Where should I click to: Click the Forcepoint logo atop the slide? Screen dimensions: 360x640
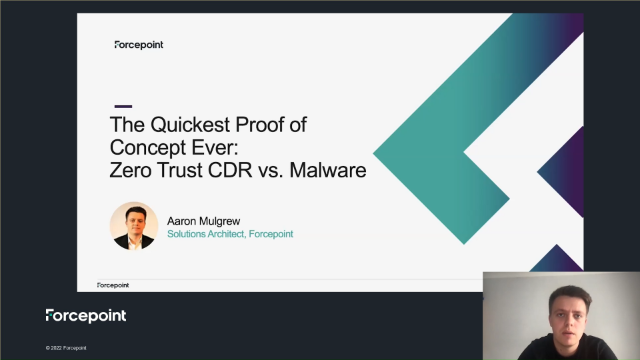point(139,45)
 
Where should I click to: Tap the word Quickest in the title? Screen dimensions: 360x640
point(190,127)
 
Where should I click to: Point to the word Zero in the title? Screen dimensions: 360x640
point(134,170)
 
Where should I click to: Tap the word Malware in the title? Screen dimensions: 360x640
point(332,170)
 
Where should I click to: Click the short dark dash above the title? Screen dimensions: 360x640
point(123,106)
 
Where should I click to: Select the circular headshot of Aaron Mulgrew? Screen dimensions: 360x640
point(134,226)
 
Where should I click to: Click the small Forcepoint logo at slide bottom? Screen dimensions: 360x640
point(113,285)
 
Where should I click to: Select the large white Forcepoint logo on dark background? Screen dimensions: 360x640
point(86,316)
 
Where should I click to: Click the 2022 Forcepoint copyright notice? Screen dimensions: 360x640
point(66,348)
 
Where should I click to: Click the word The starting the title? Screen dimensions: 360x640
point(127,127)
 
